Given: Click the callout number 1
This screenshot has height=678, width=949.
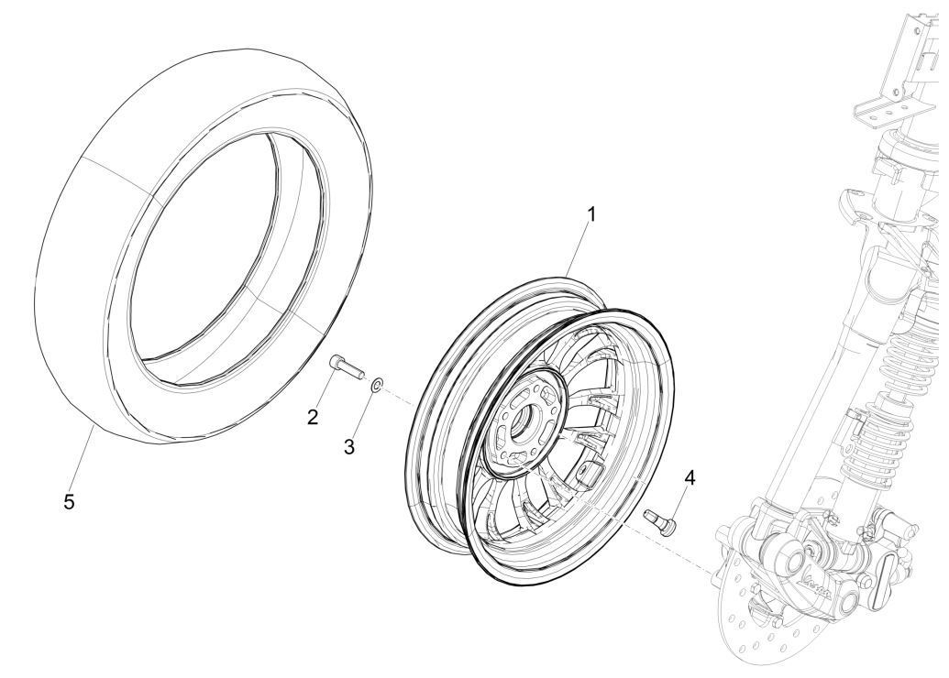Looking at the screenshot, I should coord(591,214).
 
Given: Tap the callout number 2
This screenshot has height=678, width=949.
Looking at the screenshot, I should coord(314,418).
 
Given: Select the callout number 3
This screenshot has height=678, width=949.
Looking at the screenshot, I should coord(348,446).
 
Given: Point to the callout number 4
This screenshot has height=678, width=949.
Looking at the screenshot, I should coord(688,476).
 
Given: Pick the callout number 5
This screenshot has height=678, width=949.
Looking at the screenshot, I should coord(69,503).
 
